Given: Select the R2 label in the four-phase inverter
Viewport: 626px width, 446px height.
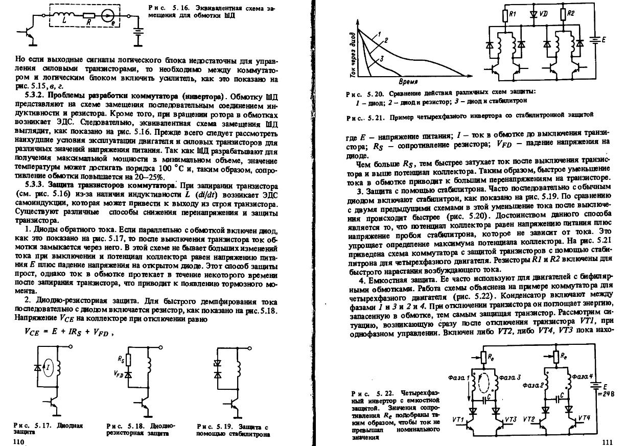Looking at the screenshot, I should (571, 14).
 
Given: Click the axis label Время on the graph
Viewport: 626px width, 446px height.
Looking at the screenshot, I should (408, 82).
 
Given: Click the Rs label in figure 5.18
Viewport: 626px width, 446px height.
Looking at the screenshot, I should (121, 359).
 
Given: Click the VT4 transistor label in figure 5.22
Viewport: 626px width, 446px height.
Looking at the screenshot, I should (585, 418).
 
